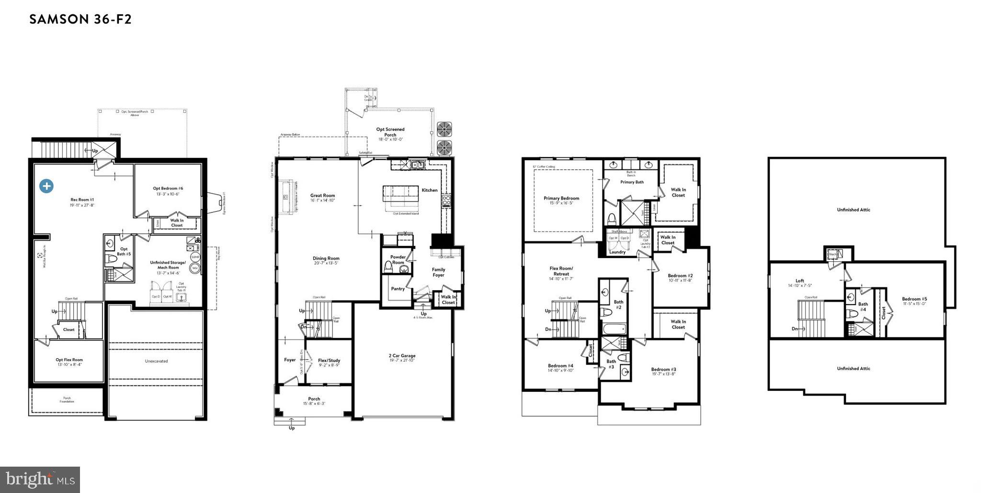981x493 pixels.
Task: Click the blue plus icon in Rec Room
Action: [46, 186]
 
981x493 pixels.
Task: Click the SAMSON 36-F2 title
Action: [80, 20]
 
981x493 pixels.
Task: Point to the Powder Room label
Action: [398, 259]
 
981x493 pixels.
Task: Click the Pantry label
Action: [398, 289]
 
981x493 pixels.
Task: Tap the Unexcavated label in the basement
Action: [157, 361]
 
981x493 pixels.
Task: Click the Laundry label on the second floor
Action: [617, 252]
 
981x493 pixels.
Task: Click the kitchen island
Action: [400, 194]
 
